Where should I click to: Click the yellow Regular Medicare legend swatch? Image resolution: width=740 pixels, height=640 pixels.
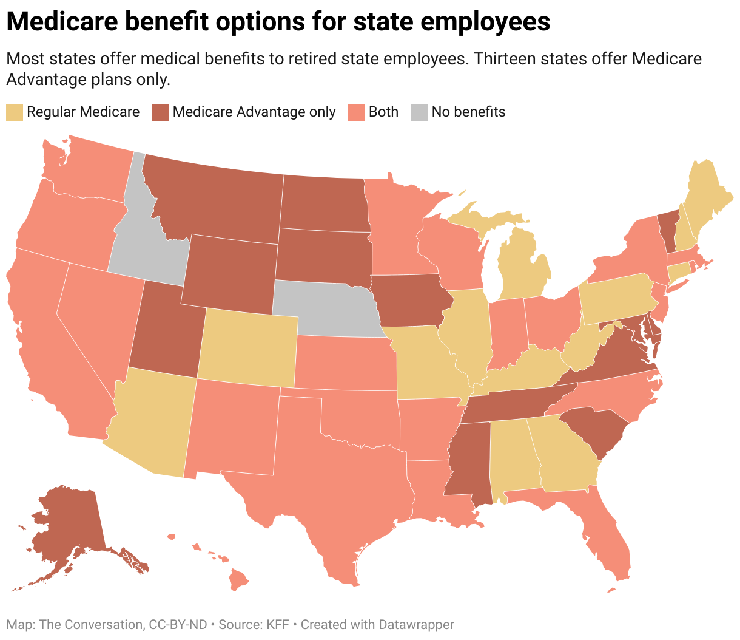coord(15,113)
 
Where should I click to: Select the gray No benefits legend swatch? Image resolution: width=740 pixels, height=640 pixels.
coord(419,113)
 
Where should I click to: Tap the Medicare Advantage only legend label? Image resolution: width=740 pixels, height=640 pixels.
coord(254,112)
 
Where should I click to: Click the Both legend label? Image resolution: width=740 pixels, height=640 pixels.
coord(383,112)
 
